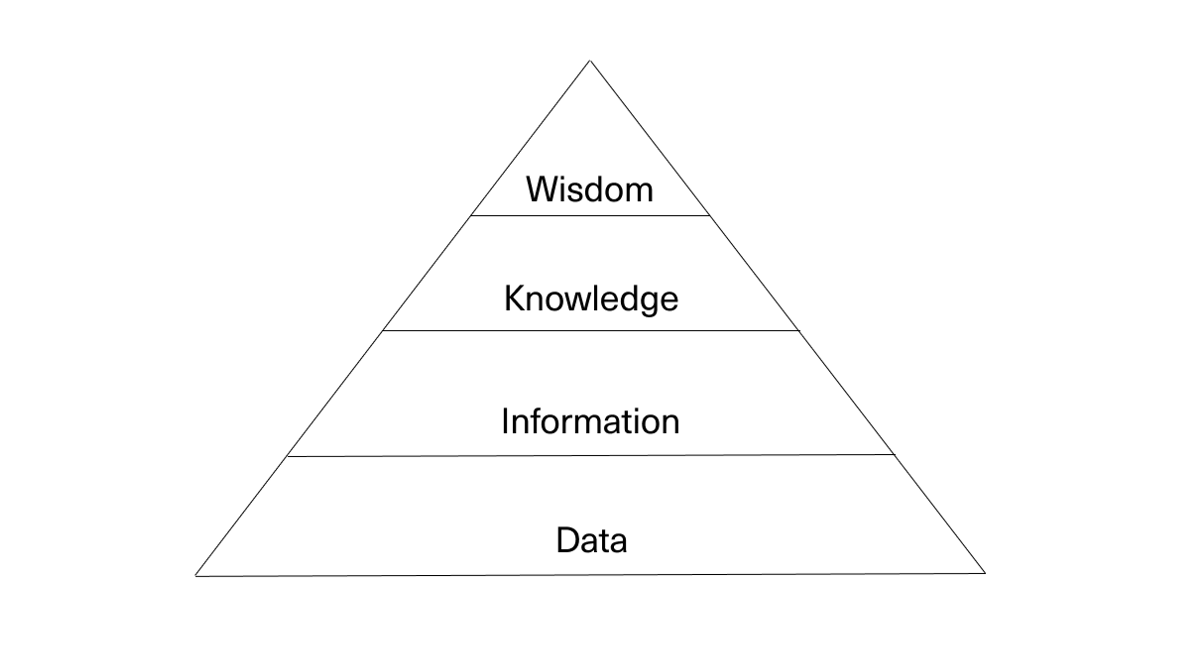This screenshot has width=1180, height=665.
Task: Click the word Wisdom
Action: (x=590, y=189)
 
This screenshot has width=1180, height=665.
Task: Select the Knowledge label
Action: (x=591, y=299)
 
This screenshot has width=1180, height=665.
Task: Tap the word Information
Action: (x=590, y=421)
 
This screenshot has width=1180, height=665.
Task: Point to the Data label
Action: (x=591, y=540)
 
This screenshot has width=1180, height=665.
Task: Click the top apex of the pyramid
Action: (x=590, y=61)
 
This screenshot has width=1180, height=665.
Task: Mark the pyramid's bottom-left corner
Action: (x=196, y=576)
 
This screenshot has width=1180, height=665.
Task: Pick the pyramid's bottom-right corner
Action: (x=985, y=573)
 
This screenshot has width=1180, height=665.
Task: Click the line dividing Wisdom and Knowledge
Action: (x=590, y=215)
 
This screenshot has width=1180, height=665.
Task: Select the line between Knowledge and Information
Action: (x=591, y=330)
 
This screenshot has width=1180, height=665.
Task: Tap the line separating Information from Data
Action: (x=591, y=455)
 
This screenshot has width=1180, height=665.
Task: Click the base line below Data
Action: (x=591, y=575)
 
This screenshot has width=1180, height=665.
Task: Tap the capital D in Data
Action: (x=566, y=540)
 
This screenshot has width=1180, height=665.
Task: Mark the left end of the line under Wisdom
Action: (x=472, y=215)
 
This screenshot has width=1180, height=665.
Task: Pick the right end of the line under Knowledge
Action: (x=799, y=330)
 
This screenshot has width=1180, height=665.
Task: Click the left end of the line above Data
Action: (x=288, y=456)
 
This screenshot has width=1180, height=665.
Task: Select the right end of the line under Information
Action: (x=894, y=454)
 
